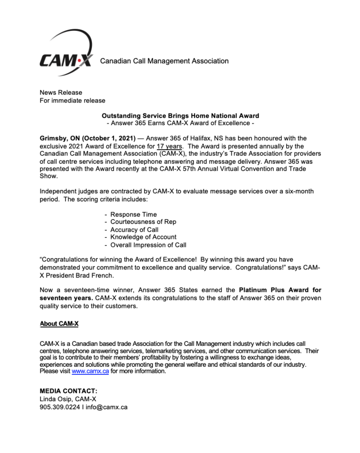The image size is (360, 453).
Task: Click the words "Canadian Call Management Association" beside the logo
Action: pyautogui.click(x=164, y=61)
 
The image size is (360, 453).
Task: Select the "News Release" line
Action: pyautogui.click(x=61, y=92)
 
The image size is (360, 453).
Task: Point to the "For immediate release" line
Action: pyautogui.click(x=73, y=100)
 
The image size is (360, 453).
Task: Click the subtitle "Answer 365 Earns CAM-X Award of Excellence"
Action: pyautogui.click(x=180, y=123)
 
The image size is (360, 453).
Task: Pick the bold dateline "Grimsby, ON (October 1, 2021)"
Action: pyautogui.click(x=88, y=138)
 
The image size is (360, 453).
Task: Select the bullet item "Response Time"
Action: pyautogui.click(x=134, y=215)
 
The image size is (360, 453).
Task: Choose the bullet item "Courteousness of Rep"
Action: pyautogui.click(x=143, y=222)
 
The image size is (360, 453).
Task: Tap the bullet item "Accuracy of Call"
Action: pyautogui.click(x=134, y=230)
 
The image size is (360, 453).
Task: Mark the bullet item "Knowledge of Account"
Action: pyautogui.click(x=143, y=237)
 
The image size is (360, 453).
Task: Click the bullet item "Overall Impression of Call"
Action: pyautogui.click(x=148, y=245)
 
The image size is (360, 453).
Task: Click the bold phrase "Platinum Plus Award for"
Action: pyautogui.click(x=280, y=290)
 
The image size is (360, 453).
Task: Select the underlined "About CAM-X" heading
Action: pyautogui.click(x=59, y=324)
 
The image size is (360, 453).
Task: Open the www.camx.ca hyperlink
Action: pyautogui.click(x=90, y=372)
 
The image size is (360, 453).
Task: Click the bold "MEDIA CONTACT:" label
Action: pyautogui.click(x=69, y=391)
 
